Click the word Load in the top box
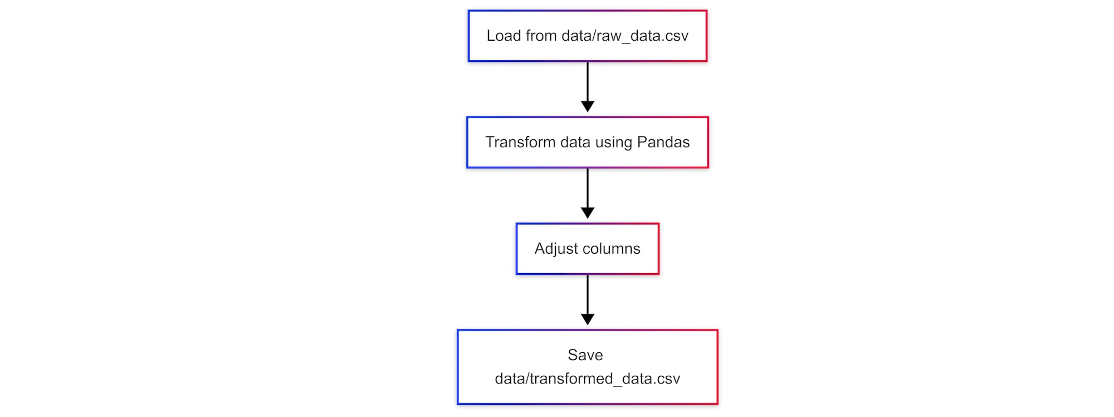point(504,36)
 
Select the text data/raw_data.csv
point(625,36)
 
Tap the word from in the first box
point(541,36)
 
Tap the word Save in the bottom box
point(585,355)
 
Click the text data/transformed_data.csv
point(587,379)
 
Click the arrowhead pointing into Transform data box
point(588,106)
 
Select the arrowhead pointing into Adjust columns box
point(588,213)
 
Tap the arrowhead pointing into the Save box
point(588,319)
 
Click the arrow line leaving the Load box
point(588,81)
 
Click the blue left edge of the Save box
point(458,367)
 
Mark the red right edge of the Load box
point(706,36)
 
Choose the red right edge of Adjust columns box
point(658,249)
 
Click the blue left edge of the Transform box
point(467,142)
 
